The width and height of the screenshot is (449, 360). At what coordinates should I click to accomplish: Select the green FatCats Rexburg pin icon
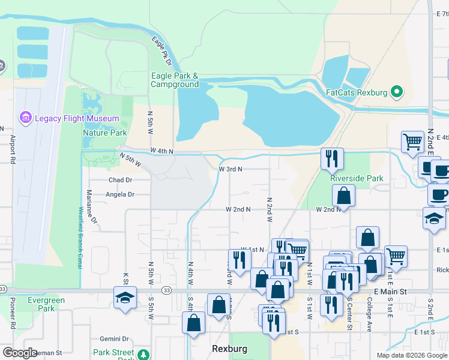396,92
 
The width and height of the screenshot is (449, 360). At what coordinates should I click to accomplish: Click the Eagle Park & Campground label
175,80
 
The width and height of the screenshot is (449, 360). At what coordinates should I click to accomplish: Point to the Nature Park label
104,133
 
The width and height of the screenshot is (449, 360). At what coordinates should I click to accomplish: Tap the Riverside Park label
357,178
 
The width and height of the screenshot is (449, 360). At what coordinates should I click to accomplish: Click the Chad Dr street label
120,180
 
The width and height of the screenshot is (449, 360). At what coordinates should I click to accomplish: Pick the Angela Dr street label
120,194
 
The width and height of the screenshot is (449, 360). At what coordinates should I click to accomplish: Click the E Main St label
390,292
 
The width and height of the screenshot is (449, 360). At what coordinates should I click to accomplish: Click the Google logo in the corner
20,353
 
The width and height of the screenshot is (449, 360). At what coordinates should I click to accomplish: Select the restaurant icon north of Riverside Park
332,158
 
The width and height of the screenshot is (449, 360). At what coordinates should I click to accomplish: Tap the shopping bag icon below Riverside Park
344,195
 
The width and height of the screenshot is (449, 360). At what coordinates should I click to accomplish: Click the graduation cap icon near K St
125,298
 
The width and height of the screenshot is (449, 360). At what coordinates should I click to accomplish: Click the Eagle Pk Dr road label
161,52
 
